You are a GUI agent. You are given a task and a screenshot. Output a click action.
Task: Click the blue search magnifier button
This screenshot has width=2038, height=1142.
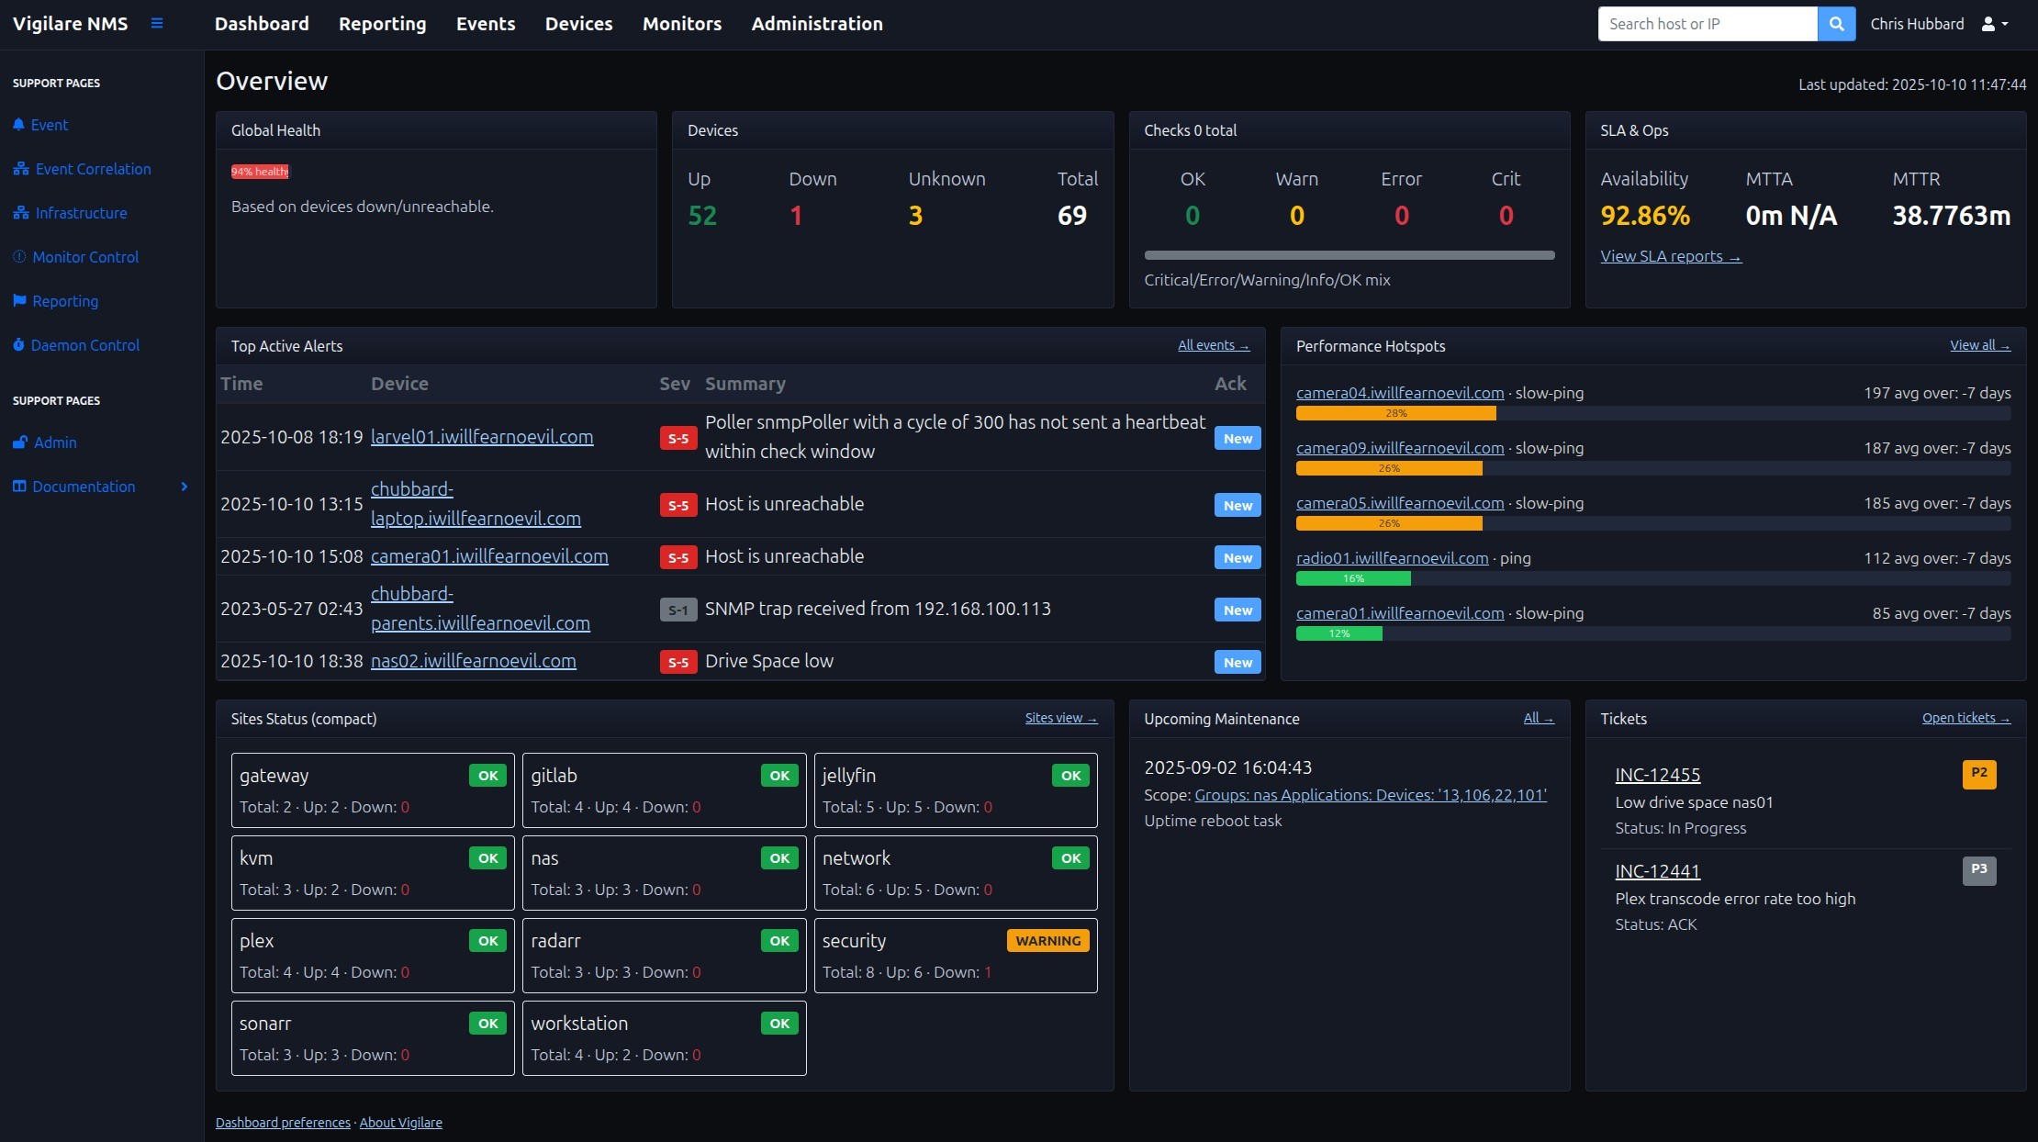pos(1836,24)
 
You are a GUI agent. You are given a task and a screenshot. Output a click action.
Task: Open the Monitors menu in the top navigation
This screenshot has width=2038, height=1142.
pos(681,24)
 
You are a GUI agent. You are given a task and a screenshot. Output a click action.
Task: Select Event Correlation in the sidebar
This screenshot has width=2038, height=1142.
pos(93,169)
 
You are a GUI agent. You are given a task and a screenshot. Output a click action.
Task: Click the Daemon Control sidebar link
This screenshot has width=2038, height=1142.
pos(84,345)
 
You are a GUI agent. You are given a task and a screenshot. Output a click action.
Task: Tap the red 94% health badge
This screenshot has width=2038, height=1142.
pos(260,172)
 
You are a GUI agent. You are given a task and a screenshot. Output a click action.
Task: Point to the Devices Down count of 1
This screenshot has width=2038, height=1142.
pos(796,216)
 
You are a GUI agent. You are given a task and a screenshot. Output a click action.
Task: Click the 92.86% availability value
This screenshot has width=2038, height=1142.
pos(1644,216)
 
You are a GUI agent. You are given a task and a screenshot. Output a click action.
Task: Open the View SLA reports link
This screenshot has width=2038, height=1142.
pos(1670,256)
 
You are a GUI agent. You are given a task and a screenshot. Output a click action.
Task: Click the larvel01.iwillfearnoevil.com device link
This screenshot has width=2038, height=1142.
pos(482,437)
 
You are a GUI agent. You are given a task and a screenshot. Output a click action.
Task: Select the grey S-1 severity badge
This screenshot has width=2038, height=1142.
pos(677,610)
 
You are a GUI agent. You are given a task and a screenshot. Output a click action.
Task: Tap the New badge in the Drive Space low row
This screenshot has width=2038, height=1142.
pos(1237,662)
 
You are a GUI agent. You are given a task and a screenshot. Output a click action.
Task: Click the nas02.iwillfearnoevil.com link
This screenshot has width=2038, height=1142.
pos(473,661)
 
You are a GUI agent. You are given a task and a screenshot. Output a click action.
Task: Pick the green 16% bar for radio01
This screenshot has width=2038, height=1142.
pos(1353,578)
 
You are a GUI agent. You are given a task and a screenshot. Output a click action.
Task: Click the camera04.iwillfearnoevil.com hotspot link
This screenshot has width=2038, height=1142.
pos(1399,393)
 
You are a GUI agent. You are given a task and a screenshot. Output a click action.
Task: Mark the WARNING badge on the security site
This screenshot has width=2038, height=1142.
pos(1047,941)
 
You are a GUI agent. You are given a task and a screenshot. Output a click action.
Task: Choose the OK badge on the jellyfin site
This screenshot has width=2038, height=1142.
pos(1070,776)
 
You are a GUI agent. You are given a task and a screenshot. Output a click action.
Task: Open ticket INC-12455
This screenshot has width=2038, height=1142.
pos(1657,775)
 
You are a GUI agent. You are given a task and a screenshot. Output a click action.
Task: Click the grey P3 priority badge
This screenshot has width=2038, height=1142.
pos(1978,869)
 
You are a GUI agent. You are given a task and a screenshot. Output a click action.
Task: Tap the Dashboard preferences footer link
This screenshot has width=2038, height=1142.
pos(283,1123)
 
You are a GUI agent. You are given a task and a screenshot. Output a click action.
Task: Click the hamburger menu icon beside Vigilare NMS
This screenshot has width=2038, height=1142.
pos(157,24)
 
